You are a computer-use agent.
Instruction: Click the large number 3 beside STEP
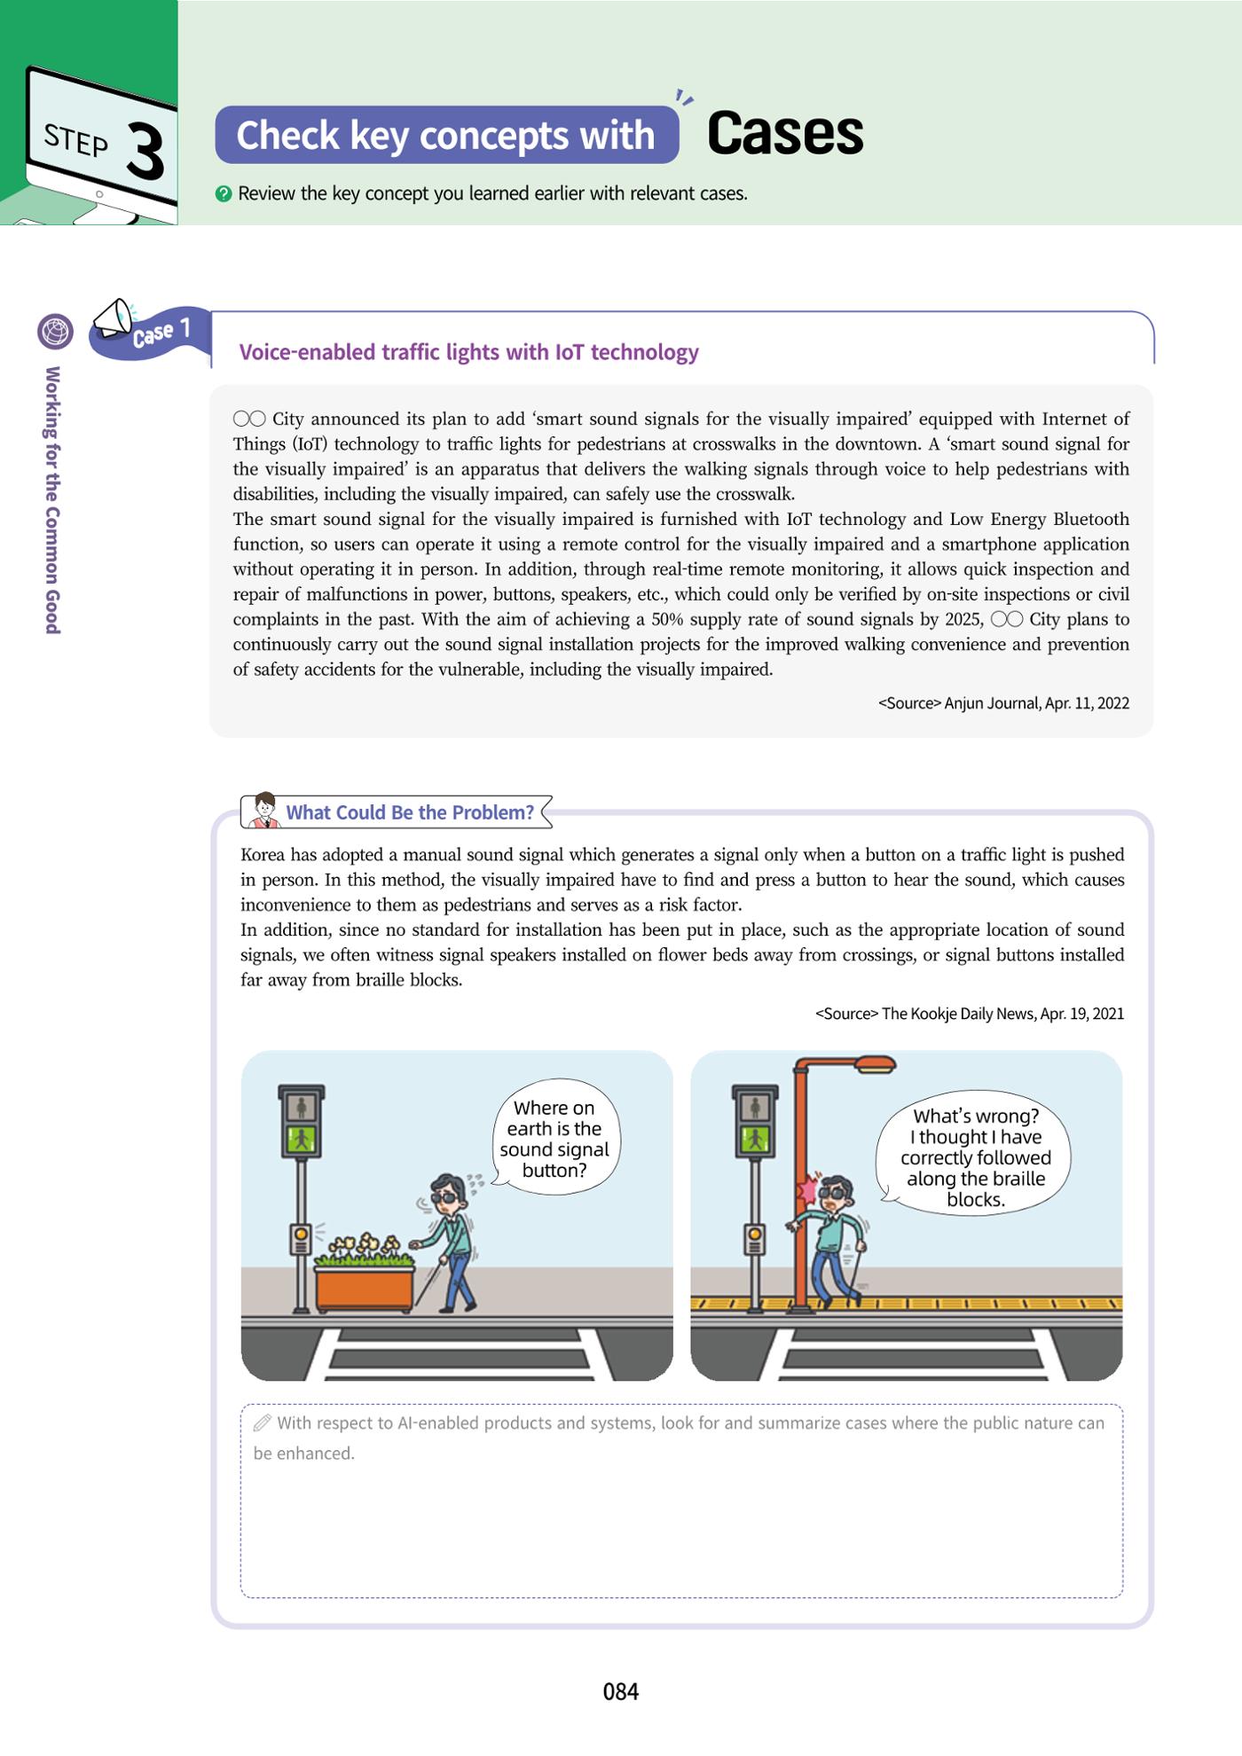click(x=145, y=151)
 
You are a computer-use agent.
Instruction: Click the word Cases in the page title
click(x=785, y=134)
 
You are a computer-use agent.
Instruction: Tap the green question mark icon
click(x=224, y=193)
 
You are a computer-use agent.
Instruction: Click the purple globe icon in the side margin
click(x=56, y=332)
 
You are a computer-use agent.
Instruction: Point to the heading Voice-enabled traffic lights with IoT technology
click(x=468, y=352)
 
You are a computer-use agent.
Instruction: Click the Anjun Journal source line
click(x=1003, y=703)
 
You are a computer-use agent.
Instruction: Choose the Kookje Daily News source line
click(x=970, y=1014)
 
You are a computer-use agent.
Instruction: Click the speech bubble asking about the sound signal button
click(x=555, y=1138)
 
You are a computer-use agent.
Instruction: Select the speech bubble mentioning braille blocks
click(x=974, y=1152)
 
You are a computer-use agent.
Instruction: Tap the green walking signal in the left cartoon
click(x=302, y=1139)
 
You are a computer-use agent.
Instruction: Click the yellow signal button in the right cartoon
click(x=755, y=1234)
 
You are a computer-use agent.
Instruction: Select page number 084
click(x=621, y=1692)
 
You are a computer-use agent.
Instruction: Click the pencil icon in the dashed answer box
click(x=262, y=1423)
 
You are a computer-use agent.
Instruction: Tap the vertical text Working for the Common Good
click(x=53, y=500)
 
